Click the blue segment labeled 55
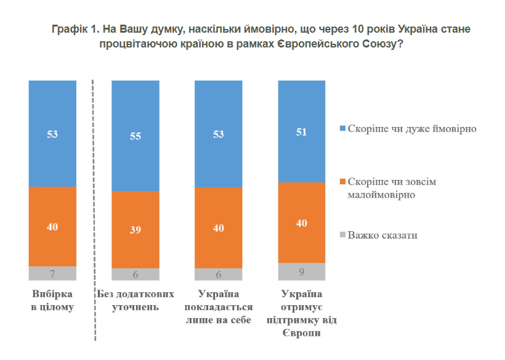135,136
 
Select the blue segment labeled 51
301,131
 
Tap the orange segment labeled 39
135,229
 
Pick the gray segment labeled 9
301,272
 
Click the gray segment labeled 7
52,274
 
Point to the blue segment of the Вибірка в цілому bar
52,133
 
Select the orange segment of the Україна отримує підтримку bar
301,223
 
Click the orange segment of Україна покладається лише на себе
218,227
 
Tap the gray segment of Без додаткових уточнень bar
135,275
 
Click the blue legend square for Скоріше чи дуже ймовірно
342,129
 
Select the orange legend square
342,182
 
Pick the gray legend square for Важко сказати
342,235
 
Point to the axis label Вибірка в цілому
52,300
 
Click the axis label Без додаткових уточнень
135,300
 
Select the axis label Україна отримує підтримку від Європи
301,314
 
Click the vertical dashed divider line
94,210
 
